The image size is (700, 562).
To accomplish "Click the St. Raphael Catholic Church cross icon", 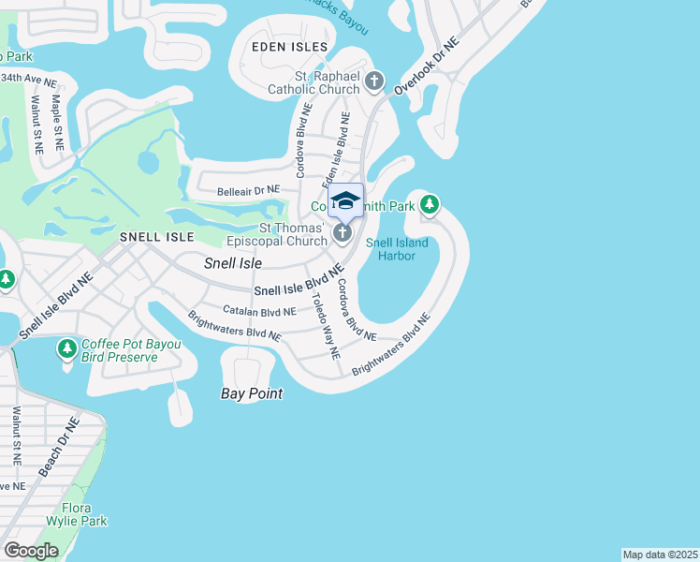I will pos(374,81).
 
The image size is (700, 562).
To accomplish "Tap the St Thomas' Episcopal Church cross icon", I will pos(343,232).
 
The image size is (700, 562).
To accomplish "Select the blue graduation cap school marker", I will pos(345,200).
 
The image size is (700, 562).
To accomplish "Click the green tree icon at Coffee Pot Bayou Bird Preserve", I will pos(66,350).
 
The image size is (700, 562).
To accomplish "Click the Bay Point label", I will pos(252,394).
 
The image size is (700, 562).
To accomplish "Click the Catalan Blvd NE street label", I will pos(259,311).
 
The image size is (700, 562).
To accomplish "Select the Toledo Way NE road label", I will pos(327,327).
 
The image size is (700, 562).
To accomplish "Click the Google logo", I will pos(32,551).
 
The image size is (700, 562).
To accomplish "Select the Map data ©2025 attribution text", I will pos(660,555).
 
